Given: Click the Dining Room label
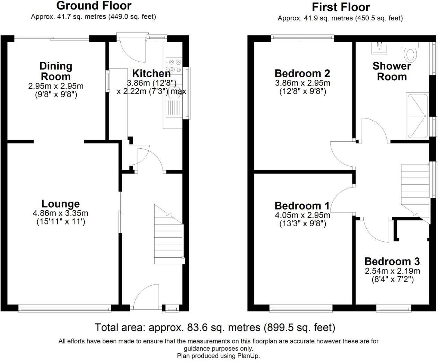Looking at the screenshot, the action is click(56, 71).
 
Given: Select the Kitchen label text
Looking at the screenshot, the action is click(151, 73).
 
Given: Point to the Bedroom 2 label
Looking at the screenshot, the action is click(302, 73).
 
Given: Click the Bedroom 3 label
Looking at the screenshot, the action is click(392, 261).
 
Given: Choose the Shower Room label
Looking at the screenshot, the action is click(392, 71).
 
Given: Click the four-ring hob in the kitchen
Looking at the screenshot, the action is click(174, 65).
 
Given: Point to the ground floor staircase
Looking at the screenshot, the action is click(169, 234).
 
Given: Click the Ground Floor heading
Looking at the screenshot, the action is click(94, 6).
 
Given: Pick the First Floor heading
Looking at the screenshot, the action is click(341, 7).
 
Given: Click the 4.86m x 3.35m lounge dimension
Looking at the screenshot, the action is click(60, 213).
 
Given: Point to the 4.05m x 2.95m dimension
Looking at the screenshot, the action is click(303, 215).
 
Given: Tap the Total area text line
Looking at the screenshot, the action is click(215, 328).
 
